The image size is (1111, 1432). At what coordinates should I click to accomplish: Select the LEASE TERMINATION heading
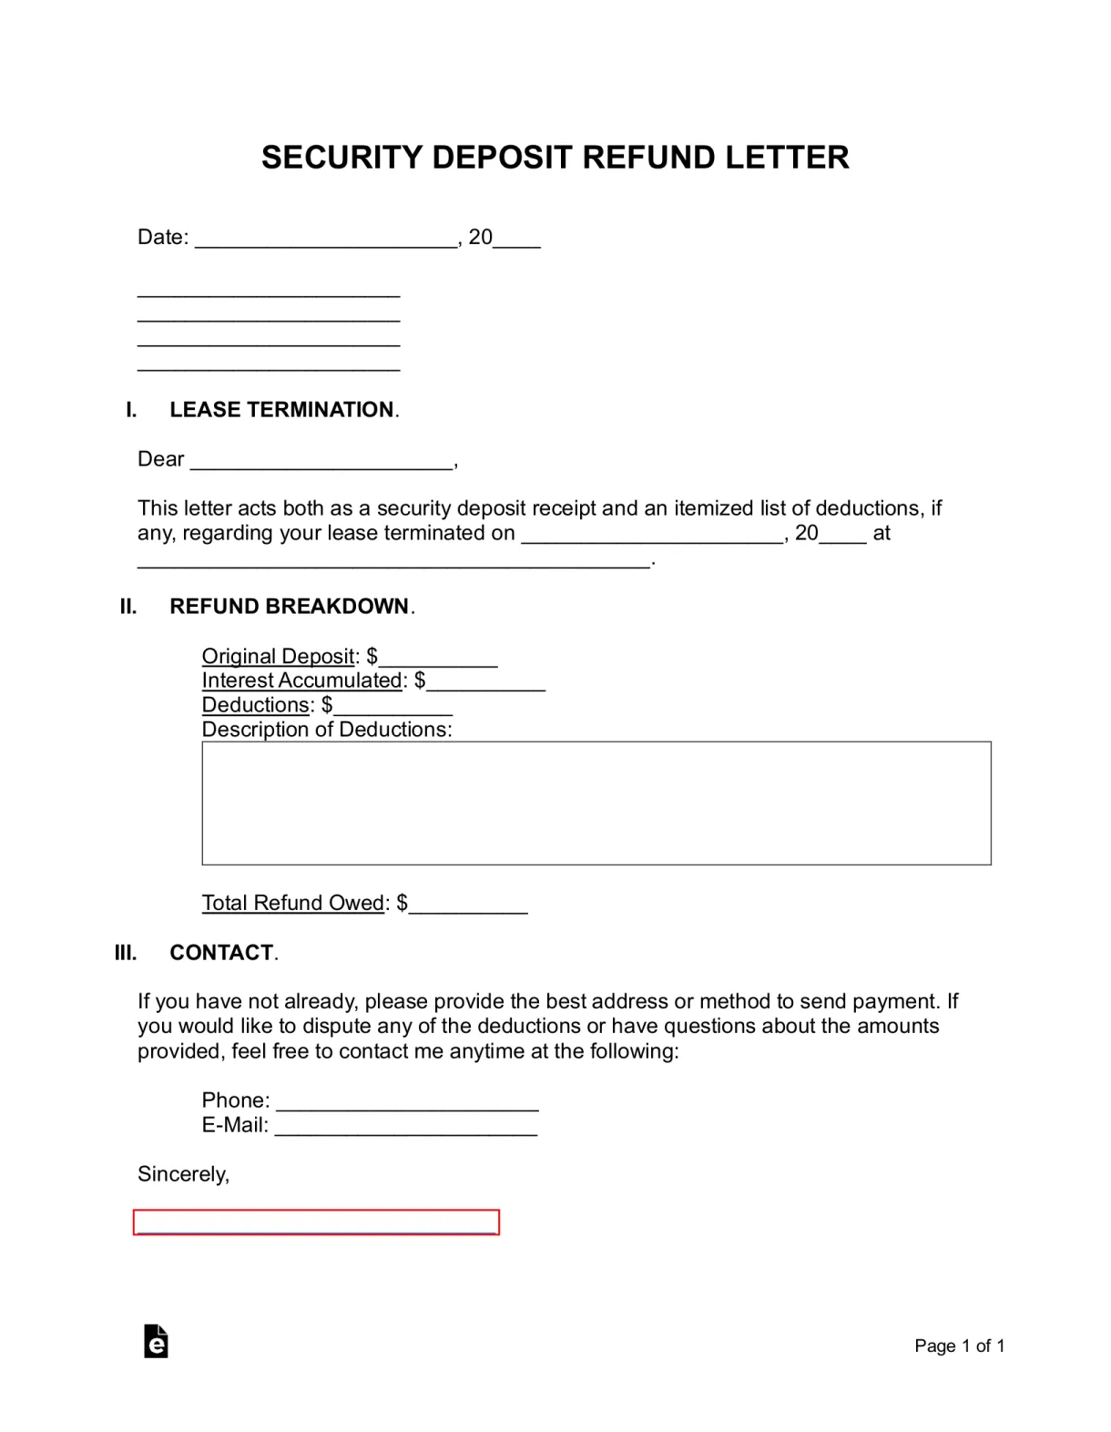[x=281, y=410]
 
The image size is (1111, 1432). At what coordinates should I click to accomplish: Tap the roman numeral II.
[x=128, y=607]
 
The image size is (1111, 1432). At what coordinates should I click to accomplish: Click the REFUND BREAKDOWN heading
[x=289, y=607]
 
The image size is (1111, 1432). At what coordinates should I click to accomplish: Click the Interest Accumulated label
[x=302, y=680]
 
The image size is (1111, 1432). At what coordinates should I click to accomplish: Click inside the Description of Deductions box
[x=596, y=803]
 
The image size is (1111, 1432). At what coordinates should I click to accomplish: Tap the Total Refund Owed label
[x=293, y=903]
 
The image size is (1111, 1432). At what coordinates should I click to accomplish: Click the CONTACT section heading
[x=221, y=953]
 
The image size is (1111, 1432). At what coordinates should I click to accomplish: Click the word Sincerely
[x=182, y=1174]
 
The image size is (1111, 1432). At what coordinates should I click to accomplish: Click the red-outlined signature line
[x=316, y=1222]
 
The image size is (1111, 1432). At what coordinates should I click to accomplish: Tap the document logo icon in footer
[x=156, y=1341]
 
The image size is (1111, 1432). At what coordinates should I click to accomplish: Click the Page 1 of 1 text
[x=959, y=1346]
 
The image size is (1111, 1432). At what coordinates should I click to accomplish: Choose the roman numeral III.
[x=126, y=953]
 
